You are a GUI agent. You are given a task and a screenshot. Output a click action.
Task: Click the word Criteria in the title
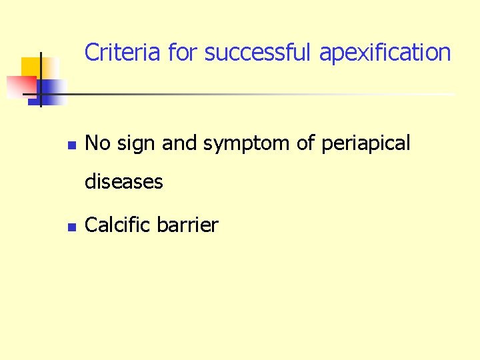(x=123, y=52)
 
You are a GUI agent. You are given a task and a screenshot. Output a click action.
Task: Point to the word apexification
(x=385, y=52)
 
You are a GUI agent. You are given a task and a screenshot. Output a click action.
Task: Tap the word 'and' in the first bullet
(x=180, y=143)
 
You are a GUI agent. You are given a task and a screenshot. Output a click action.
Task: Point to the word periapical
(x=366, y=143)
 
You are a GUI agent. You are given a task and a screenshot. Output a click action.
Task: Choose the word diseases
(x=124, y=181)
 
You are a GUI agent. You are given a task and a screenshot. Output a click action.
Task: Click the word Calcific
(x=118, y=225)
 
